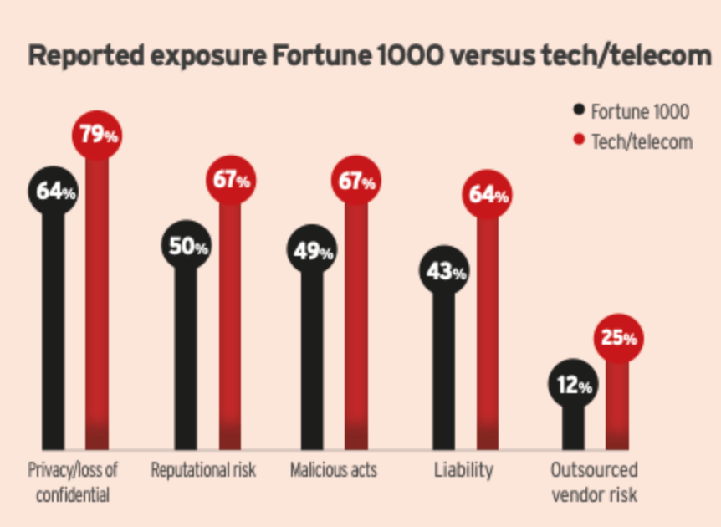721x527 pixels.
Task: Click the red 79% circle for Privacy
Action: [x=98, y=134]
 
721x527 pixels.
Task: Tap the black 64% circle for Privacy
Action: [x=54, y=192]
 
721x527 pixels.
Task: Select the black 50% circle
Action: [x=187, y=247]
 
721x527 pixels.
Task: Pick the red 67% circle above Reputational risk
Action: [x=231, y=181]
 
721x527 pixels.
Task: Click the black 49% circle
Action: [x=312, y=250]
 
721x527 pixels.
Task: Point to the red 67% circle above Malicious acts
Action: [x=356, y=182]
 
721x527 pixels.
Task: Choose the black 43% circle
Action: [x=443, y=272]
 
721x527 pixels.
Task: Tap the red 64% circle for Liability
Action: [x=488, y=197]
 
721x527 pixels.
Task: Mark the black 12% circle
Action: [x=573, y=386]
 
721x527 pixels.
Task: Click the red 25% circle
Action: [x=617, y=338]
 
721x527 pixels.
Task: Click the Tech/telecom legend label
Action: [x=642, y=141]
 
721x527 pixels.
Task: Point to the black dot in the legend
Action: [x=579, y=110]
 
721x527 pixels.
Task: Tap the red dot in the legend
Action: [x=579, y=141]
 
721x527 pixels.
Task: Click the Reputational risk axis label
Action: [x=203, y=469]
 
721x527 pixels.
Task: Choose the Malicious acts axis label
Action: [x=333, y=469]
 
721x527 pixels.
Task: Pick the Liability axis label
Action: [x=463, y=469]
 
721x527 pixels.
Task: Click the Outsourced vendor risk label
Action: [x=594, y=482]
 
